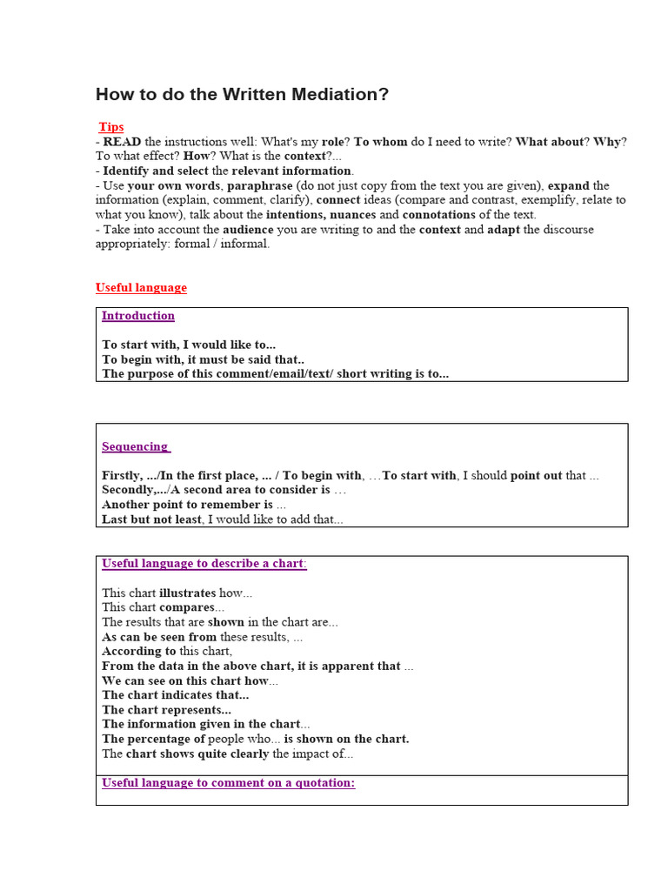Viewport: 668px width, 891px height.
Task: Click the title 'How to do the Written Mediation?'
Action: pyautogui.click(x=242, y=95)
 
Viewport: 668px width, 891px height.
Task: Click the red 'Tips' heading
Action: pyautogui.click(x=110, y=127)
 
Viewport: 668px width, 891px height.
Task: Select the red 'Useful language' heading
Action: pyautogui.click(x=141, y=288)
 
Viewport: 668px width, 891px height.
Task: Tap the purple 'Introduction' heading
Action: pyautogui.click(x=138, y=316)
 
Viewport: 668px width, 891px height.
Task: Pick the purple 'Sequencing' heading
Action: pyautogui.click(x=135, y=446)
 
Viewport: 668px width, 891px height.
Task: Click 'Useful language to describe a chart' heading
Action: pyautogui.click(x=203, y=563)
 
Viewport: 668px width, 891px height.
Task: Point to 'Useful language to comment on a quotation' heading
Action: pyautogui.click(x=228, y=783)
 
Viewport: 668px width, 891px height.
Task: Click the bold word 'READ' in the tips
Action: pyautogui.click(x=122, y=142)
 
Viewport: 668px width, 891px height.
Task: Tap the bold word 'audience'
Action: pyautogui.click(x=248, y=230)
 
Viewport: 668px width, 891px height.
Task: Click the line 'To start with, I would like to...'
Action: pyautogui.click(x=189, y=345)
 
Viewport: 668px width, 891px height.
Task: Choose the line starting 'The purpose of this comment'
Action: pyautogui.click(x=275, y=374)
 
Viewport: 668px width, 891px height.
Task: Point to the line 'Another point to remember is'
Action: pyautogui.click(x=187, y=505)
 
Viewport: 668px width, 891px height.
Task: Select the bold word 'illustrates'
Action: pyautogui.click(x=187, y=593)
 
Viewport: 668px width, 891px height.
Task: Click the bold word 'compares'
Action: pyautogui.click(x=186, y=607)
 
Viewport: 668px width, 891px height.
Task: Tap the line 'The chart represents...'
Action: pyautogui.click(x=166, y=710)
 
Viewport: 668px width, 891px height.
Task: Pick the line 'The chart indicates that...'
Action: pyautogui.click(x=175, y=695)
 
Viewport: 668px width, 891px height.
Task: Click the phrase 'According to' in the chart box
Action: pyautogui.click(x=138, y=651)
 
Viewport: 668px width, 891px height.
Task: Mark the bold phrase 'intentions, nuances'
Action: pyautogui.click(x=320, y=215)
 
